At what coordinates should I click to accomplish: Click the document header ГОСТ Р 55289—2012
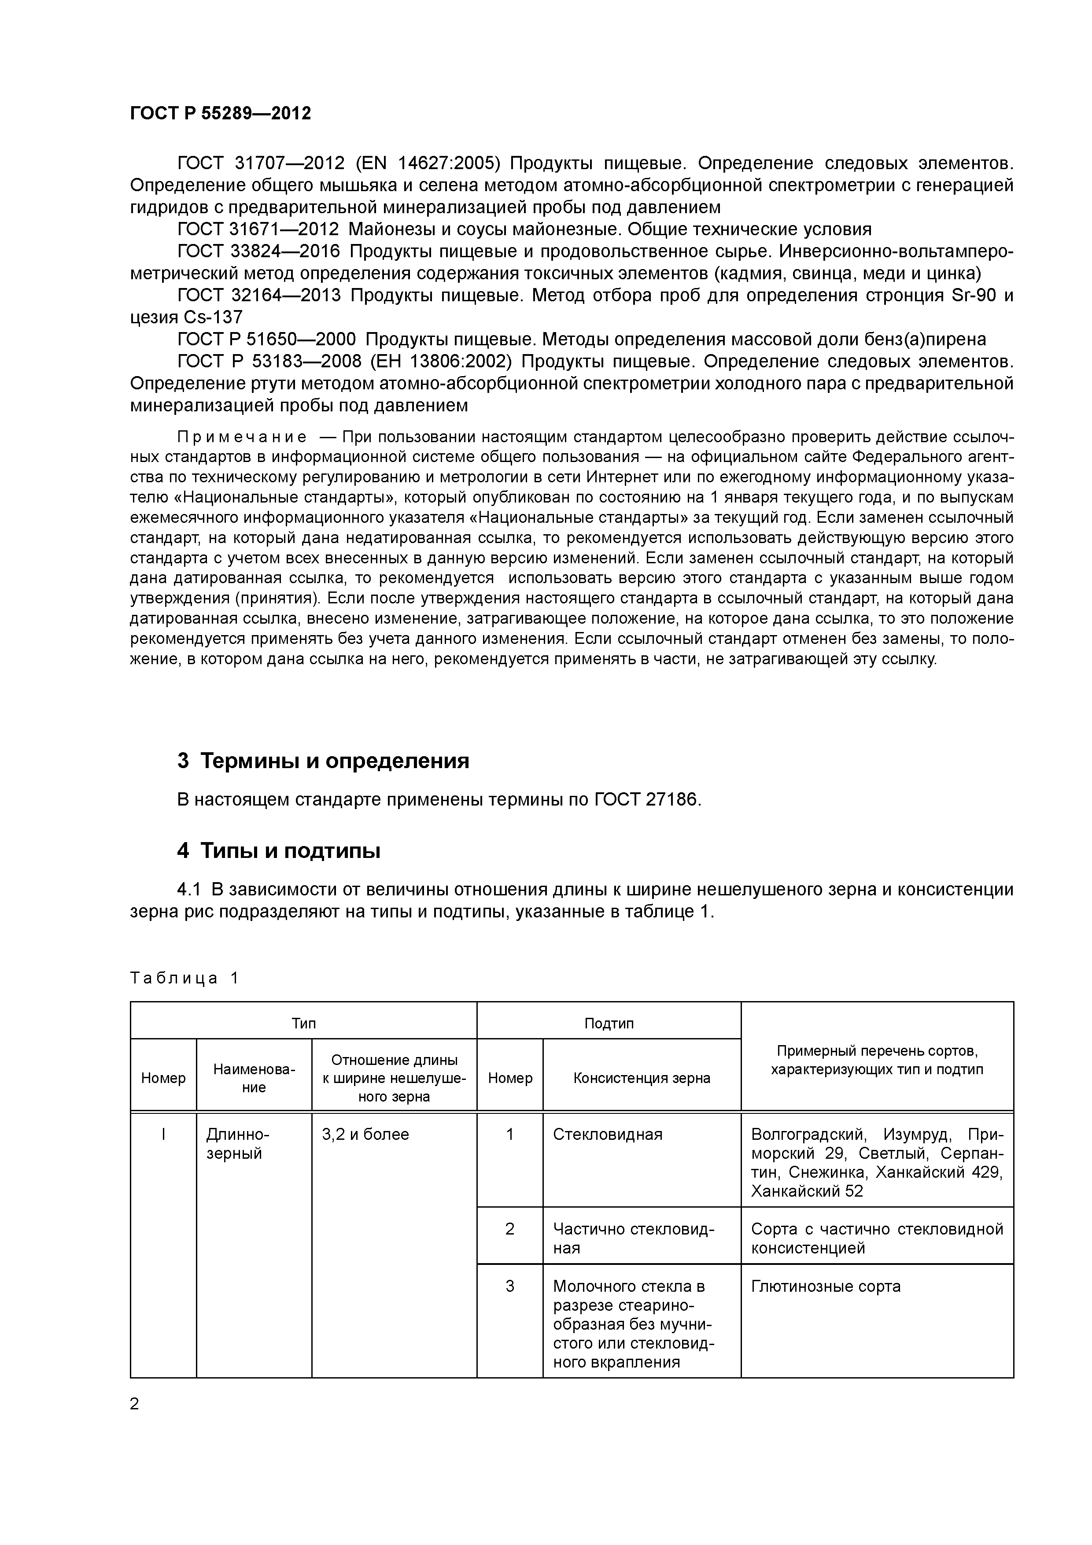(220, 113)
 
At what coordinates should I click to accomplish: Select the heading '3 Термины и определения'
(323, 760)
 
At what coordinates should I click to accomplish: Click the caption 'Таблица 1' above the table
(184, 978)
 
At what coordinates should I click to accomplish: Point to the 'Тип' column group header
(303, 1024)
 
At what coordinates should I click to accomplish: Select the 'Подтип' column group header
(609, 1024)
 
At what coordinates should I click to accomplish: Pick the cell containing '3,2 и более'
(365, 1135)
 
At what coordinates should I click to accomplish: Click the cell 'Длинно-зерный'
(237, 1144)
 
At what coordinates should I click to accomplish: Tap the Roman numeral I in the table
(163, 1135)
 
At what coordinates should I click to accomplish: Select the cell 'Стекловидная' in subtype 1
(608, 1135)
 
